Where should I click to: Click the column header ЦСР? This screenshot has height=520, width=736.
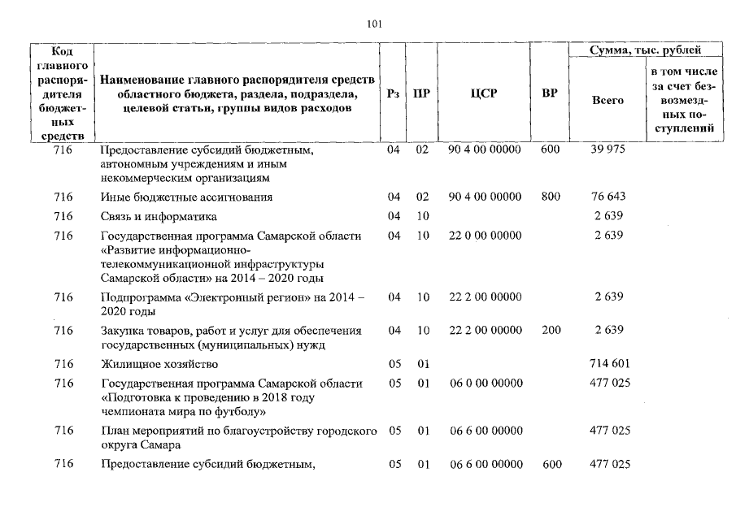[x=484, y=93]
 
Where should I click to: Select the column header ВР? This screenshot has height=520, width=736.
[x=550, y=93]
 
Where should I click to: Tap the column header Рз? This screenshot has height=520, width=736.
[x=394, y=93]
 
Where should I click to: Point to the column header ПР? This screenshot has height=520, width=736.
[x=421, y=93]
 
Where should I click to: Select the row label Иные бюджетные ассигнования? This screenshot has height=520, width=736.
[x=186, y=197]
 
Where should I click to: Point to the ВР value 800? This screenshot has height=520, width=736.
[x=550, y=197]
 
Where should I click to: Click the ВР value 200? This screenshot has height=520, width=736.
[x=550, y=331]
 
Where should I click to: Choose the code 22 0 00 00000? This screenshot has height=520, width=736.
[x=485, y=236]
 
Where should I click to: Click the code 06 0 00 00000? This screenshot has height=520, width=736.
[x=485, y=383]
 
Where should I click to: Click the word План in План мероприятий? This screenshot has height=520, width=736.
[x=114, y=431]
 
